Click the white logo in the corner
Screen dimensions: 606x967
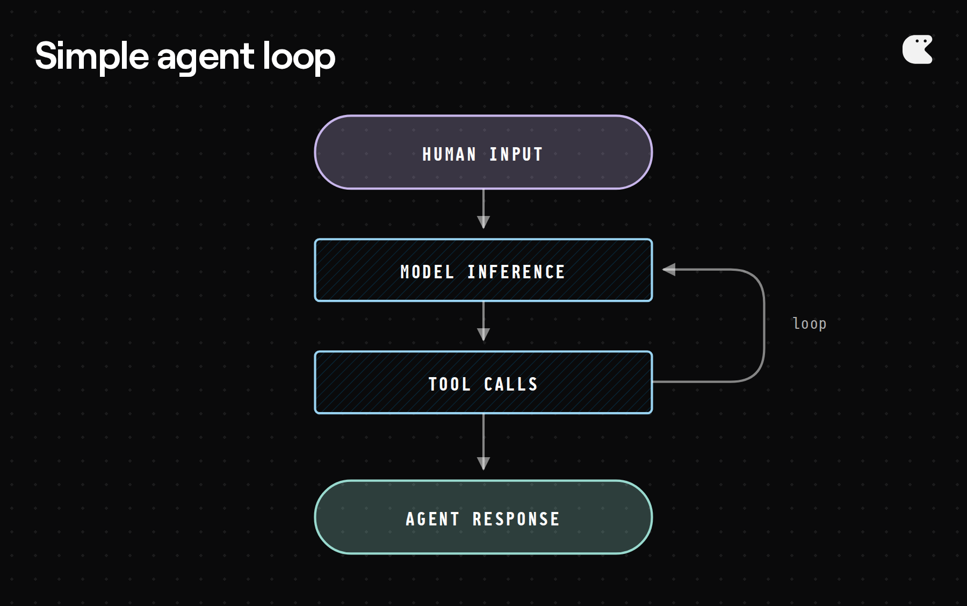pyautogui.click(x=917, y=50)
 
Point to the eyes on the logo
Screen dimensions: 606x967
pyautogui.click(x=921, y=41)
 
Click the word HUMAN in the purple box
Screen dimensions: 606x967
pyautogui.click(x=449, y=155)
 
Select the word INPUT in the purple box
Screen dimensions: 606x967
pyautogui.click(x=516, y=155)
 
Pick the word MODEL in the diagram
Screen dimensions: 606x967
pyautogui.click(x=427, y=272)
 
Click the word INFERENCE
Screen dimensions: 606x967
pyautogui.click(x=516, y=272)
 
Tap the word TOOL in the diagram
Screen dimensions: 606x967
pyautogui.click(x=449, y=385)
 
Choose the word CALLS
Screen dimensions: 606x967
pyautogui.click(x=510, y=385)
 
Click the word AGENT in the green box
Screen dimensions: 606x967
pyautogui.click(x=432, y=520)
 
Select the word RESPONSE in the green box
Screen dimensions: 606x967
pyautogui.click(x=516, y=520)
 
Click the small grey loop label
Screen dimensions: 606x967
pyautogui.click(x=809, y=323)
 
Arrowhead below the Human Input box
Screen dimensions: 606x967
pyautogui.click(x=484, y=222)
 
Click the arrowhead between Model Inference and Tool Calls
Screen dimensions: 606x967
pyautogui.click(x=484, y=334)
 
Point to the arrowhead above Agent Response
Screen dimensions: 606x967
pyautogui.click(x=484, y=463)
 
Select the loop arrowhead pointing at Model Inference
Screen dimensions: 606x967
pyautogui.click(x=669, y=270)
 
